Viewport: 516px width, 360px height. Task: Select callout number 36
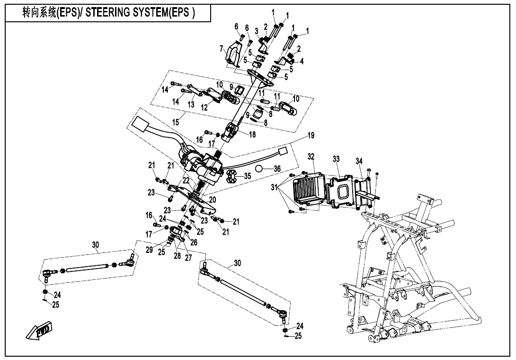click(x=277, y=169)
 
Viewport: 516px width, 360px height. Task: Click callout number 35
click(x=247, y=176)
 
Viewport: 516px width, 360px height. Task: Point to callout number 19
click(x=311, y=135)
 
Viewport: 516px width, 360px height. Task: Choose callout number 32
click(x=311, y=156)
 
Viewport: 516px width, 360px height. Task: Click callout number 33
click(x=336, y=160)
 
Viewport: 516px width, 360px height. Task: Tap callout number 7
click(x=221, y=48)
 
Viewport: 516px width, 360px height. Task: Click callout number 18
click(x=252, y=135)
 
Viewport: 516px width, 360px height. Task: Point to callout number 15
click(x=176, y=122)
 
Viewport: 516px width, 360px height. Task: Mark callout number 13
click(x=191, y=104)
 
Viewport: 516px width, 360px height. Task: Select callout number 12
click(x=205, y=108)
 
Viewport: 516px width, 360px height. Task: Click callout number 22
click(x=187, y=180)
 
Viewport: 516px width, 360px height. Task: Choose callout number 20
click(x=213, y=200)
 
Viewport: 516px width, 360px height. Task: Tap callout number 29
click(x=150, y=250)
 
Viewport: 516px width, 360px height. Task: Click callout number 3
click(x=256, y=31)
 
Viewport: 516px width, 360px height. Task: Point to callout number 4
click(x=302, y=61)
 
